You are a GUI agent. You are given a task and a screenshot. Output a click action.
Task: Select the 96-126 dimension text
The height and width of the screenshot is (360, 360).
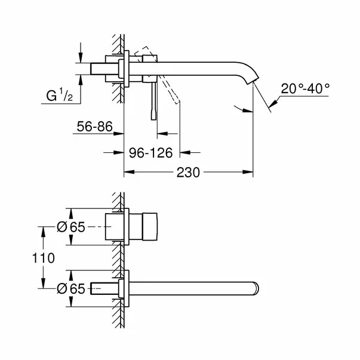click(151, 153)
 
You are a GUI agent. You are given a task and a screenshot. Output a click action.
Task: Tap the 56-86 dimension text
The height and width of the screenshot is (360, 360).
click(94, 127)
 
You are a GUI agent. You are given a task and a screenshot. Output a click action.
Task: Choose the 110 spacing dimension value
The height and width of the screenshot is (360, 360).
click(44, 258)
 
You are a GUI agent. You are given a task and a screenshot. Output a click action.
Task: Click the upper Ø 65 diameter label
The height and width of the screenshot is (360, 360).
click(70, 227)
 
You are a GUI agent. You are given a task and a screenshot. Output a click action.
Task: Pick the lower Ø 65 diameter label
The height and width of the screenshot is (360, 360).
click(70, 289)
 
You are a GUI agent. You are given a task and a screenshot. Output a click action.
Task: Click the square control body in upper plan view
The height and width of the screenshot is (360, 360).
click(146, 227)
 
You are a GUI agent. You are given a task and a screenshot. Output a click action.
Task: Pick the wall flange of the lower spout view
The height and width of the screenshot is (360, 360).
click(124, 288)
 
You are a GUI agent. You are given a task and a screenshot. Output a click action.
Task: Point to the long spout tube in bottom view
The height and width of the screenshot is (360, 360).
click(191, 288)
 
